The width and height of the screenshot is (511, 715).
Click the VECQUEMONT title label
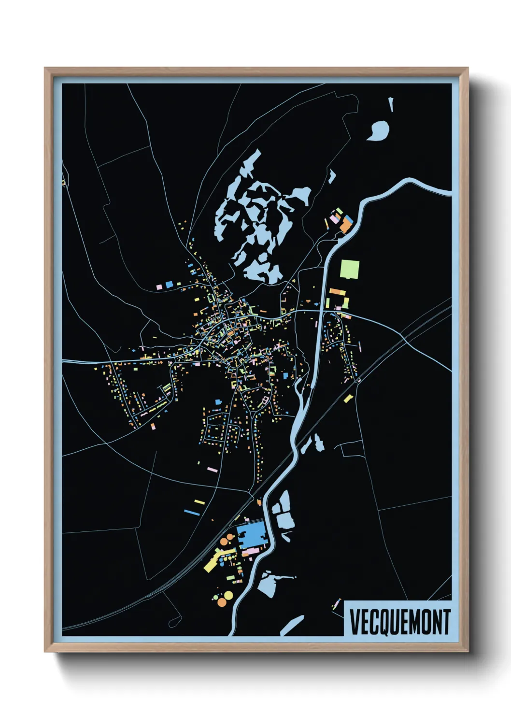[x=399, y=622]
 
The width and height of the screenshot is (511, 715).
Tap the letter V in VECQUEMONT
[x=354, y=622]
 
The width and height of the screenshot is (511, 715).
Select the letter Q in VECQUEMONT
[x=382, y=623]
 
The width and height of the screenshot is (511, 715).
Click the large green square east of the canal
[x=350, y=269]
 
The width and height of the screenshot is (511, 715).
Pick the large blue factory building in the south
[x=252, y=534]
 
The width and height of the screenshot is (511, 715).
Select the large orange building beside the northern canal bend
[x=346, y=225]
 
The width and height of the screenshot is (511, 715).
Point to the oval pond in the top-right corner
[x=378, y=130]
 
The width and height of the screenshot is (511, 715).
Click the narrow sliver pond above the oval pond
[x=391, y=104]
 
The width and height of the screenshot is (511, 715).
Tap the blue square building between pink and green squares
[x=169, y=285]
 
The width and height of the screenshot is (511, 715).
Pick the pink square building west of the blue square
[x=159, y=287]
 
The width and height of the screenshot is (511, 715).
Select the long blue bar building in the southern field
[x=192, y=512]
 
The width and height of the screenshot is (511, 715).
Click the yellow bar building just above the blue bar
[x=199, y=502]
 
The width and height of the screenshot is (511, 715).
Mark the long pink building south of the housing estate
[x=212, y=469]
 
